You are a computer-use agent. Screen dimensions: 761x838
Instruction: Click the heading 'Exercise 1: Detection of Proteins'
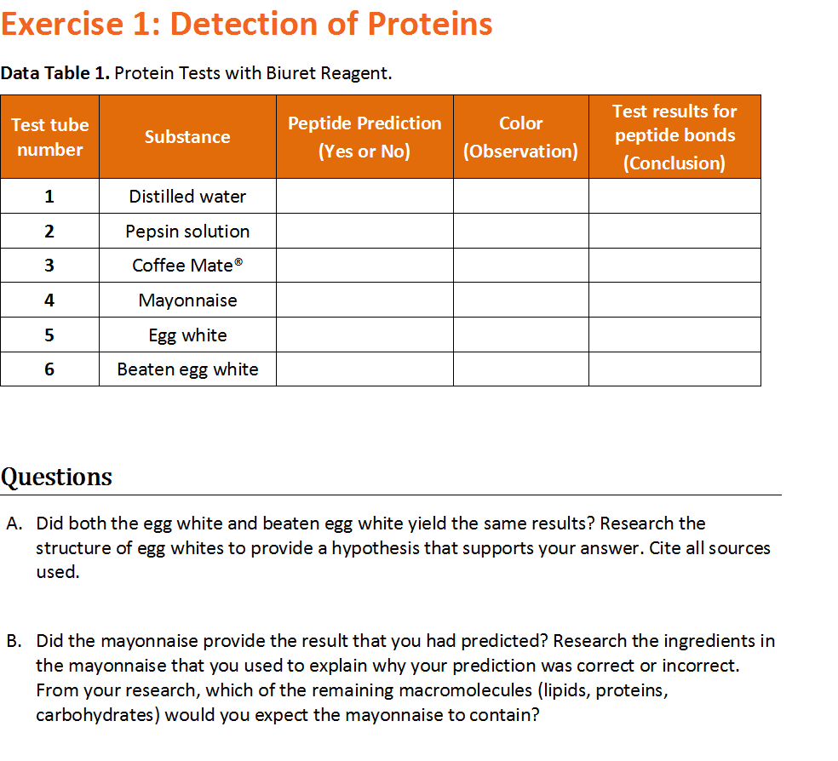point(246,24)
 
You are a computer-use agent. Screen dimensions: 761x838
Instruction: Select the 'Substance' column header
point(187,137)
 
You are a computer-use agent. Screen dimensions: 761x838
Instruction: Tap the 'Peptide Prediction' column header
point(364,137)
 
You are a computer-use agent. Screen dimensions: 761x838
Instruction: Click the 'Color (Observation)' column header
point(520,137)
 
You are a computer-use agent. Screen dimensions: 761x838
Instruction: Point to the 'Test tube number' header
point(49,137)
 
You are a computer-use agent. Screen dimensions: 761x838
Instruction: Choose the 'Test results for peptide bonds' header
point(674,137)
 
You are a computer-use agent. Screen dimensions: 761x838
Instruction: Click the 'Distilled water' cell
point(187,197)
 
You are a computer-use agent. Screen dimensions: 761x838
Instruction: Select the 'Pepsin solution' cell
point(187,232)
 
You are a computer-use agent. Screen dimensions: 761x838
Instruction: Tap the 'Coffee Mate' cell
point(187,266)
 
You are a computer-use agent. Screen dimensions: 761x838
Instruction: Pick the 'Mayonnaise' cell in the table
point(187,300)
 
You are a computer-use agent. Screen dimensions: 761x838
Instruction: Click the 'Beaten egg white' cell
point(187,369)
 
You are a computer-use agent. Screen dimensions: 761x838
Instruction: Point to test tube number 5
point(49,335)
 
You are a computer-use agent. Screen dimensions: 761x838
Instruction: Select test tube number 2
point(49,232)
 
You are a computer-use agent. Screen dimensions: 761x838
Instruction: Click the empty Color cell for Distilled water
point(520,197)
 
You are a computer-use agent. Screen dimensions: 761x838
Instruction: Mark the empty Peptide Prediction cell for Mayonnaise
point(364,300)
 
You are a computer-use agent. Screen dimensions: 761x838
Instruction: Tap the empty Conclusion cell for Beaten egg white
point(674,369)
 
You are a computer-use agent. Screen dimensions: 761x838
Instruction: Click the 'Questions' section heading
point(56,477)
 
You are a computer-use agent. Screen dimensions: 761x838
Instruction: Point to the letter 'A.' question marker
point(14,524)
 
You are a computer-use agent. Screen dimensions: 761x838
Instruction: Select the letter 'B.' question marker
point(14,641)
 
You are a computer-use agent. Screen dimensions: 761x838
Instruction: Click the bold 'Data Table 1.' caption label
point(55,73)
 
